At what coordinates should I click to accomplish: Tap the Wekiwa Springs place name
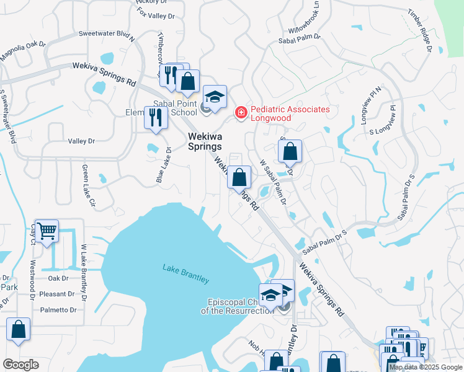(205, 141)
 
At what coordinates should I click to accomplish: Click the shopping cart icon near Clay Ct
(47, 232)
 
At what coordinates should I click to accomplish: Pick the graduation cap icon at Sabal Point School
(214, 97)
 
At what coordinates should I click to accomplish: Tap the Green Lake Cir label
(88, 185)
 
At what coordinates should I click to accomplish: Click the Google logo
(21, 365)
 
